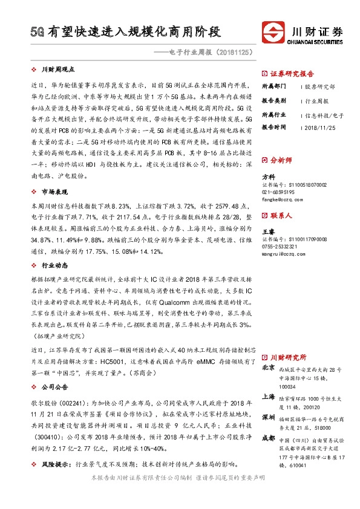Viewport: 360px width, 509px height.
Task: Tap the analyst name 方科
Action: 268,177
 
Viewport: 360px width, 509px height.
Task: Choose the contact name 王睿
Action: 268,231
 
